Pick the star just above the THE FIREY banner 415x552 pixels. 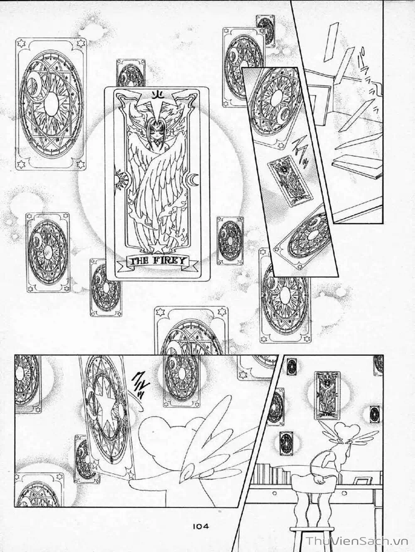coord(157,248)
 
